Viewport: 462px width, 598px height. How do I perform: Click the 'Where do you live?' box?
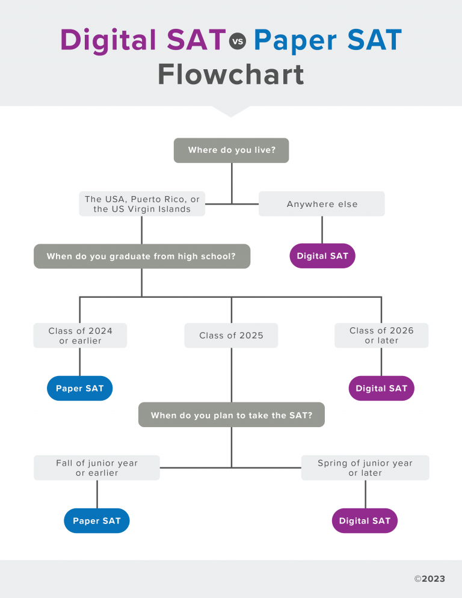pos(231,150)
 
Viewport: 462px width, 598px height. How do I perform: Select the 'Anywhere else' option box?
pos(322,204)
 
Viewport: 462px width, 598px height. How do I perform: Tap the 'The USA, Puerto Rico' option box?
pos(142,204)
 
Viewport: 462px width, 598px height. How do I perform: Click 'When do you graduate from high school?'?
pos(141,256)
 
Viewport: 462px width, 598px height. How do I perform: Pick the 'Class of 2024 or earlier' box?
pos(80,336)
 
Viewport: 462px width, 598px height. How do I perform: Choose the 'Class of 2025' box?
pos(232,336)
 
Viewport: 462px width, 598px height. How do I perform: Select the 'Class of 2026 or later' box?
pos(381,336)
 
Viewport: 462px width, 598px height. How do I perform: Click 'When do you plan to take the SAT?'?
pos(232,415)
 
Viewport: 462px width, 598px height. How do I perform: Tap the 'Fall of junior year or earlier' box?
pos(97,468)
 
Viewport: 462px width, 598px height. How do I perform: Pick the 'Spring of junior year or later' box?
pos(365,468)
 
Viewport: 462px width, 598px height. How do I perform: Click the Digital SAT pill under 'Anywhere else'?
pos(322,256)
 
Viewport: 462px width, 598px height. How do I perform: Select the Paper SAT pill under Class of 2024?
pos(80,389)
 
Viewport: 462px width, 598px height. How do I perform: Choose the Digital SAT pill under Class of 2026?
pos(381,389)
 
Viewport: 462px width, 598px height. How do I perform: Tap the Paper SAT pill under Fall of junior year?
pos(97,521)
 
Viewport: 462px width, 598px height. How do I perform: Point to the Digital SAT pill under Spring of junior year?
pos(365,521)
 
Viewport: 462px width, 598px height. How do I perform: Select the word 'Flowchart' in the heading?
pos(231,75)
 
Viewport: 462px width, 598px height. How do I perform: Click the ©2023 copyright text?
pos(430,579)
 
